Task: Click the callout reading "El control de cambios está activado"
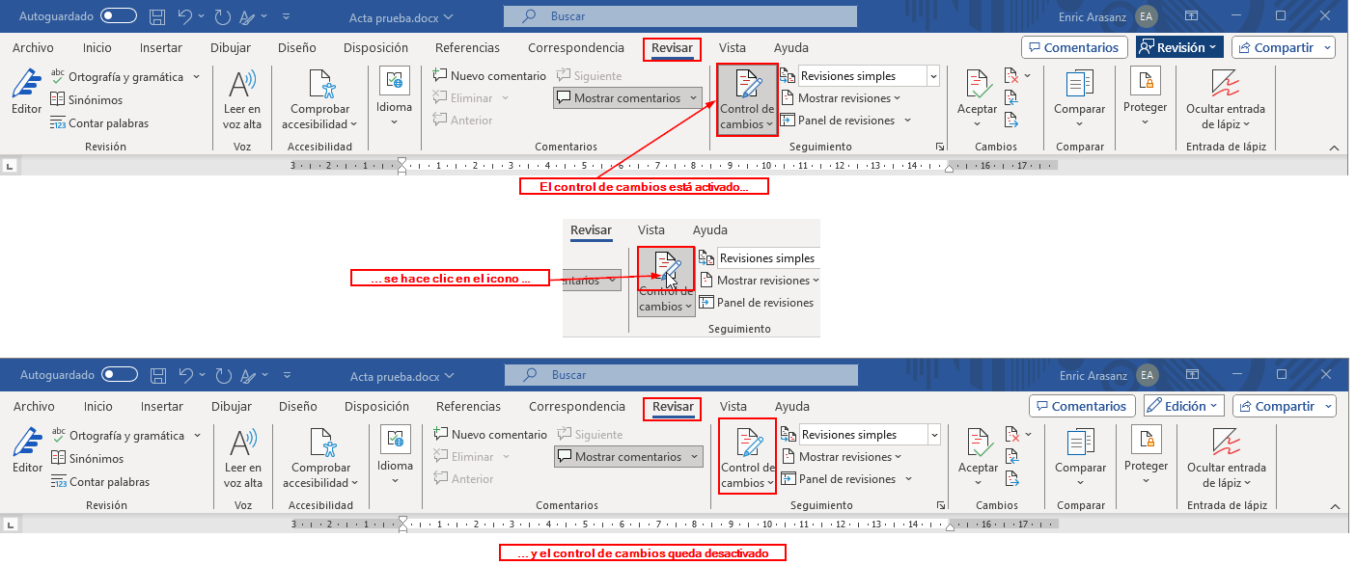(x=644, y=187)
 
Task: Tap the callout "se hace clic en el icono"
(x=450, y=279)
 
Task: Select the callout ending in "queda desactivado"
(x=642, y=552)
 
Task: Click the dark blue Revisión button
(x=1179, y=48)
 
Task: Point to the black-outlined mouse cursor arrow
(x=670, y=281)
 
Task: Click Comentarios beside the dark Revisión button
(x=1074, y=48)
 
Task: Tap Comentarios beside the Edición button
(x=1082, y=407)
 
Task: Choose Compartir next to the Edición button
(x=1284, y=407)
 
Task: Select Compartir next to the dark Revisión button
(x=1284, y=48)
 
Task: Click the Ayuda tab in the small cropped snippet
(x=710, y=229)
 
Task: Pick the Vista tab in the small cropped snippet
(x=650, y=229)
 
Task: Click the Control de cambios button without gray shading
(x=748, y=457)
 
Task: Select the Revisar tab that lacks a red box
(x=591, y=230)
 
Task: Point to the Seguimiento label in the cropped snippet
(x=739, y=329)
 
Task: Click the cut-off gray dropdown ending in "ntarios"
(x=592, y=280)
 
